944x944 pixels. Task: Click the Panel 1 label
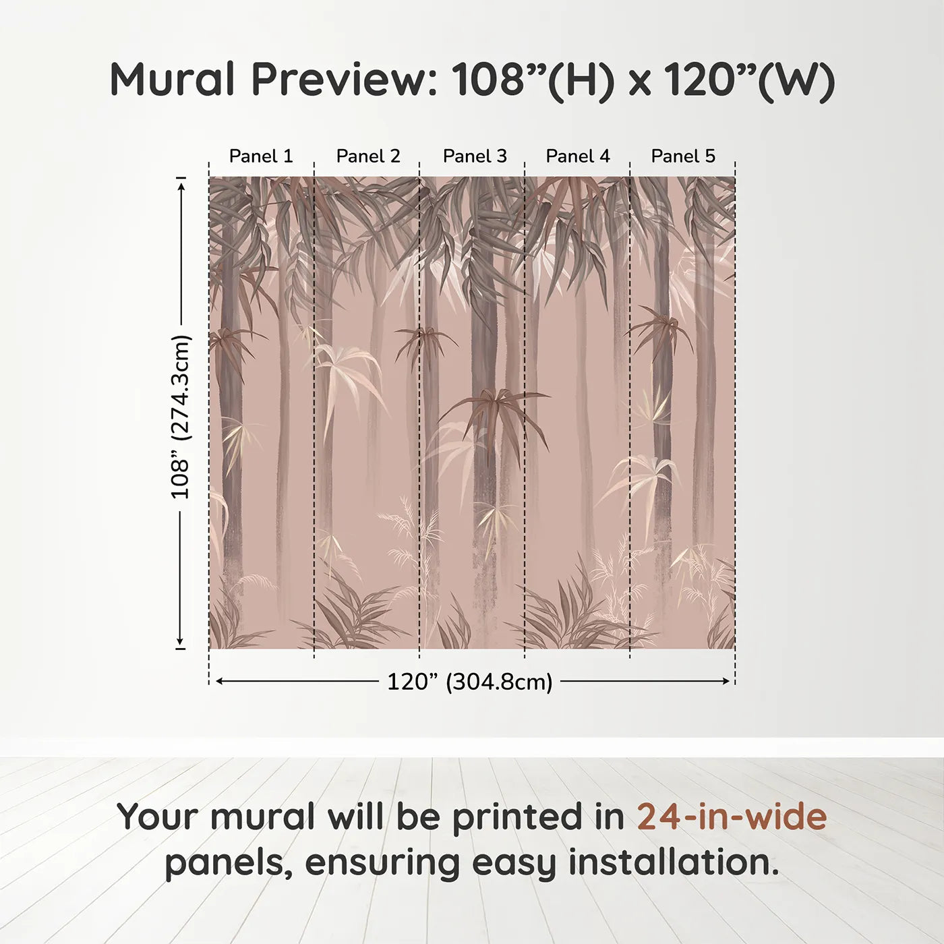261,156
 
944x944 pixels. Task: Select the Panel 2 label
367,156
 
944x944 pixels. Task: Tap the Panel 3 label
474,156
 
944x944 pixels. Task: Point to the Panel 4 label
577,156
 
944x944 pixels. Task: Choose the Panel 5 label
682,156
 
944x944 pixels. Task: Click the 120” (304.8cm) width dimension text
469,682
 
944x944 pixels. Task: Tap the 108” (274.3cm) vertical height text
181,417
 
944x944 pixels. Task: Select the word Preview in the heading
345,80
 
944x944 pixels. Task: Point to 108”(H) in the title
533,80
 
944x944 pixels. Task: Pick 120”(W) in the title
749,80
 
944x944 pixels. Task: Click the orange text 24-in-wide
732,817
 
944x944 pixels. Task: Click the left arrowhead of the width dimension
218,682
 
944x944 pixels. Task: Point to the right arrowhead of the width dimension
726,682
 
